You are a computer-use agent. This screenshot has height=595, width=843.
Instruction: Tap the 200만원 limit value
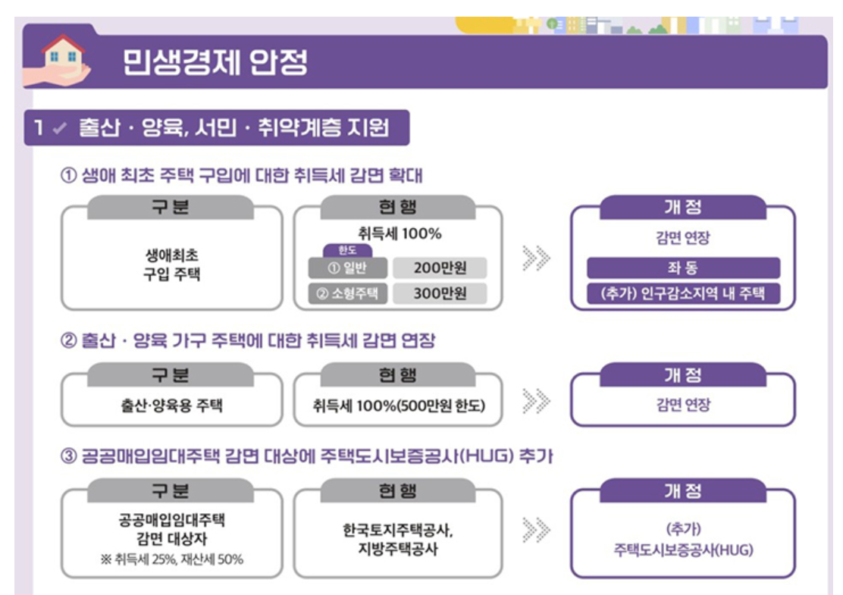click(x=440, y=268)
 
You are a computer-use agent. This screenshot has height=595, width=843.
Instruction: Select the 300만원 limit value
click(x=440, y=293)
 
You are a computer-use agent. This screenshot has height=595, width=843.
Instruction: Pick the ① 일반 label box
click(x=348, y=268)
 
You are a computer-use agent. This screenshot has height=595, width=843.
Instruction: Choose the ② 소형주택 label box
click(x=348, y=293)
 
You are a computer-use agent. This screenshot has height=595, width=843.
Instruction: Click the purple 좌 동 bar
click(x=683, y=268)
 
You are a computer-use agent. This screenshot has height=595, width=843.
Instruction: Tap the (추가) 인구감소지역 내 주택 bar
click(x=683, y=293)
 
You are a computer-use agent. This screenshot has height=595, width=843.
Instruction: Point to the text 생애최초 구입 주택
click(x=172, y=265)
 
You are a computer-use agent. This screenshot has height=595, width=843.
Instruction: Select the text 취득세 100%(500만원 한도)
click(x=398, y=406)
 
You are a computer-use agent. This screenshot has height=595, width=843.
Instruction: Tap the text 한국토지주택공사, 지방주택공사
click(x=398, y=539)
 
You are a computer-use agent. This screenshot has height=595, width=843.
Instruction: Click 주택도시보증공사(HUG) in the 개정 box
click(x=683, y=550)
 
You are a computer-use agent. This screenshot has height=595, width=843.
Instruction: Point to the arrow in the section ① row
click(x=536, y=258)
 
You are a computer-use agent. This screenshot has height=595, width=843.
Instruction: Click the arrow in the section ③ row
click(x=536, y=531)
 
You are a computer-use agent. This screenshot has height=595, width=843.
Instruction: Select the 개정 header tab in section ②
click(x=683, y=375)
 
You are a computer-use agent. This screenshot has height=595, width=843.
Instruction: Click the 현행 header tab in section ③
click(x=398, y=491)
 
